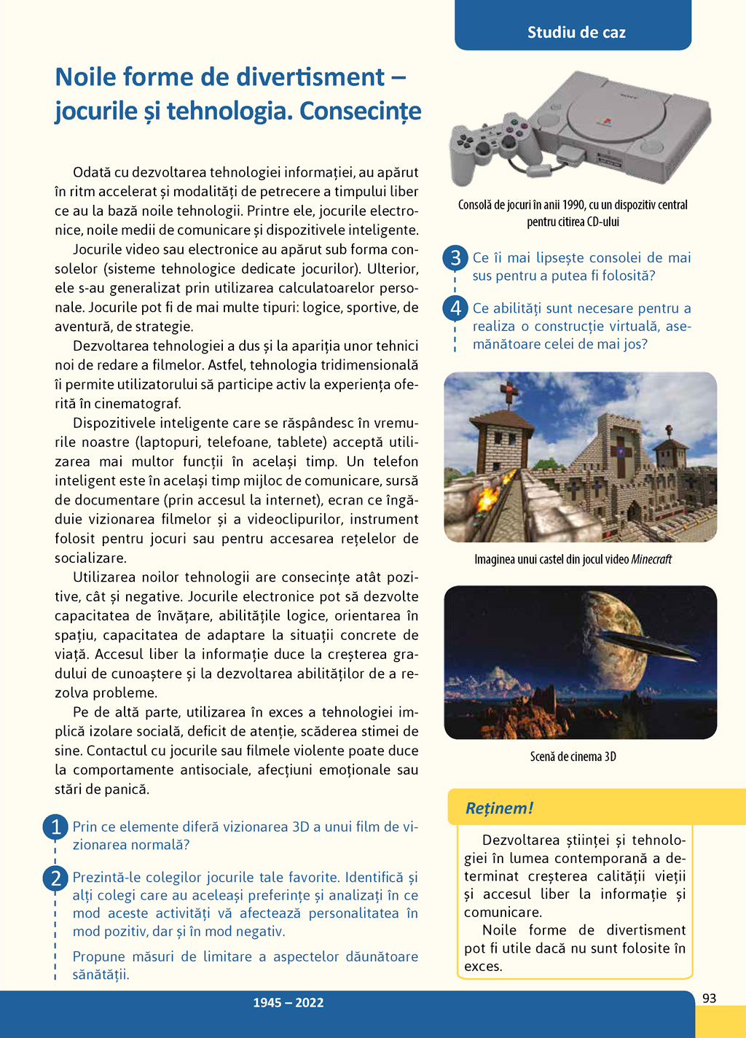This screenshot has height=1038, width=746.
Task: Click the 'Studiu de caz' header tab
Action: point(576,32)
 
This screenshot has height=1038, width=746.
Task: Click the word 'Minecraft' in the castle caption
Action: point(651,560)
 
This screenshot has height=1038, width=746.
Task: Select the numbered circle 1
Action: point(55,827)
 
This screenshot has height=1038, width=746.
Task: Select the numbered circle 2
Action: point(55,878)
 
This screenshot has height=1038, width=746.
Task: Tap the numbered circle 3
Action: point(455,257)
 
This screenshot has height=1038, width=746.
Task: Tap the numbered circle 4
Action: point(455,308)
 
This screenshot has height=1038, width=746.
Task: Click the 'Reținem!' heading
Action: point(499,808)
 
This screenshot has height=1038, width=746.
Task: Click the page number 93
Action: point(710,999)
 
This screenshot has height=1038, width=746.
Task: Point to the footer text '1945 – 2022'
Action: point(288,1003)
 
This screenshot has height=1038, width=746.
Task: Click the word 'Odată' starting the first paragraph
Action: point(92,173)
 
